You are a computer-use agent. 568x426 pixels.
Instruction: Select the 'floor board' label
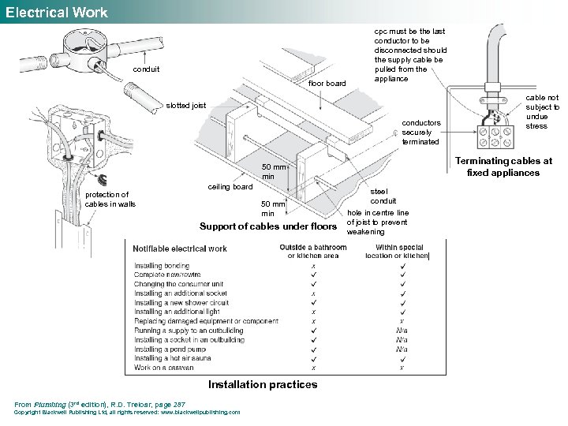click(327, 83)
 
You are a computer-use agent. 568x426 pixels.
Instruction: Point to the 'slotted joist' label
click(185, 106)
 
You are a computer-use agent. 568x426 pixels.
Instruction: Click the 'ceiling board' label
click(230, 187)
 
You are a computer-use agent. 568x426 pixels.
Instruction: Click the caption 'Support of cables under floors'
click(268, 227)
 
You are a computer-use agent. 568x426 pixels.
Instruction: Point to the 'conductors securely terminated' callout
click(421, 132)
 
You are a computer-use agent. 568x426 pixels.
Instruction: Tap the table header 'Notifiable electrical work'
click(180, 249)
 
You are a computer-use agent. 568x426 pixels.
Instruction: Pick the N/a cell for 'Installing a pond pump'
click(402, 349)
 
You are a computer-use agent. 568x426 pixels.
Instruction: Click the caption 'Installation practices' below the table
click(263, 385)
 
